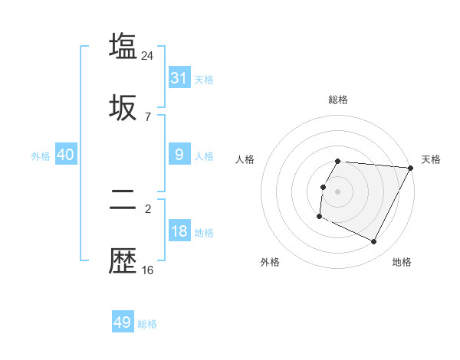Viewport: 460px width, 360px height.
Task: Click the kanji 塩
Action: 123,45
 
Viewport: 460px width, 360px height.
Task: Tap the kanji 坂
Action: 123,108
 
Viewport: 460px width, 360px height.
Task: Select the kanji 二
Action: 123,201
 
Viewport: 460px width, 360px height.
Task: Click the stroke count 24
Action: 148,55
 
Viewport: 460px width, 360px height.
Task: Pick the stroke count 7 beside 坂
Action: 148,116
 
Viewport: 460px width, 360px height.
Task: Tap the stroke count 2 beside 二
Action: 148,208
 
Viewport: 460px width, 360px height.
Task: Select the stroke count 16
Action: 148,270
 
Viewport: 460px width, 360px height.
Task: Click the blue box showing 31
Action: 179,78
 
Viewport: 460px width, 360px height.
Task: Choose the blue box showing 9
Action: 179,155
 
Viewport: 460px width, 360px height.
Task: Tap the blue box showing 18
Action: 179,231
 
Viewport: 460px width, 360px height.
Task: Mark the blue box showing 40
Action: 66,155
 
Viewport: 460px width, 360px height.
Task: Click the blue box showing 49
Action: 123,322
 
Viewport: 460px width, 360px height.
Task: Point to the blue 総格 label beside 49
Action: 148,324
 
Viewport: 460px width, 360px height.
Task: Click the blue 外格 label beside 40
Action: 41,155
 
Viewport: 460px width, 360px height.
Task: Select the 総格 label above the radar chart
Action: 338,100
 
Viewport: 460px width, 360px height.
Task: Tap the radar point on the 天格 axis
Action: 411,168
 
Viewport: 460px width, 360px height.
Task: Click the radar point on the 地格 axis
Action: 374,242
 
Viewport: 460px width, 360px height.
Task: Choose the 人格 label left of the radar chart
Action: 245,159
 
